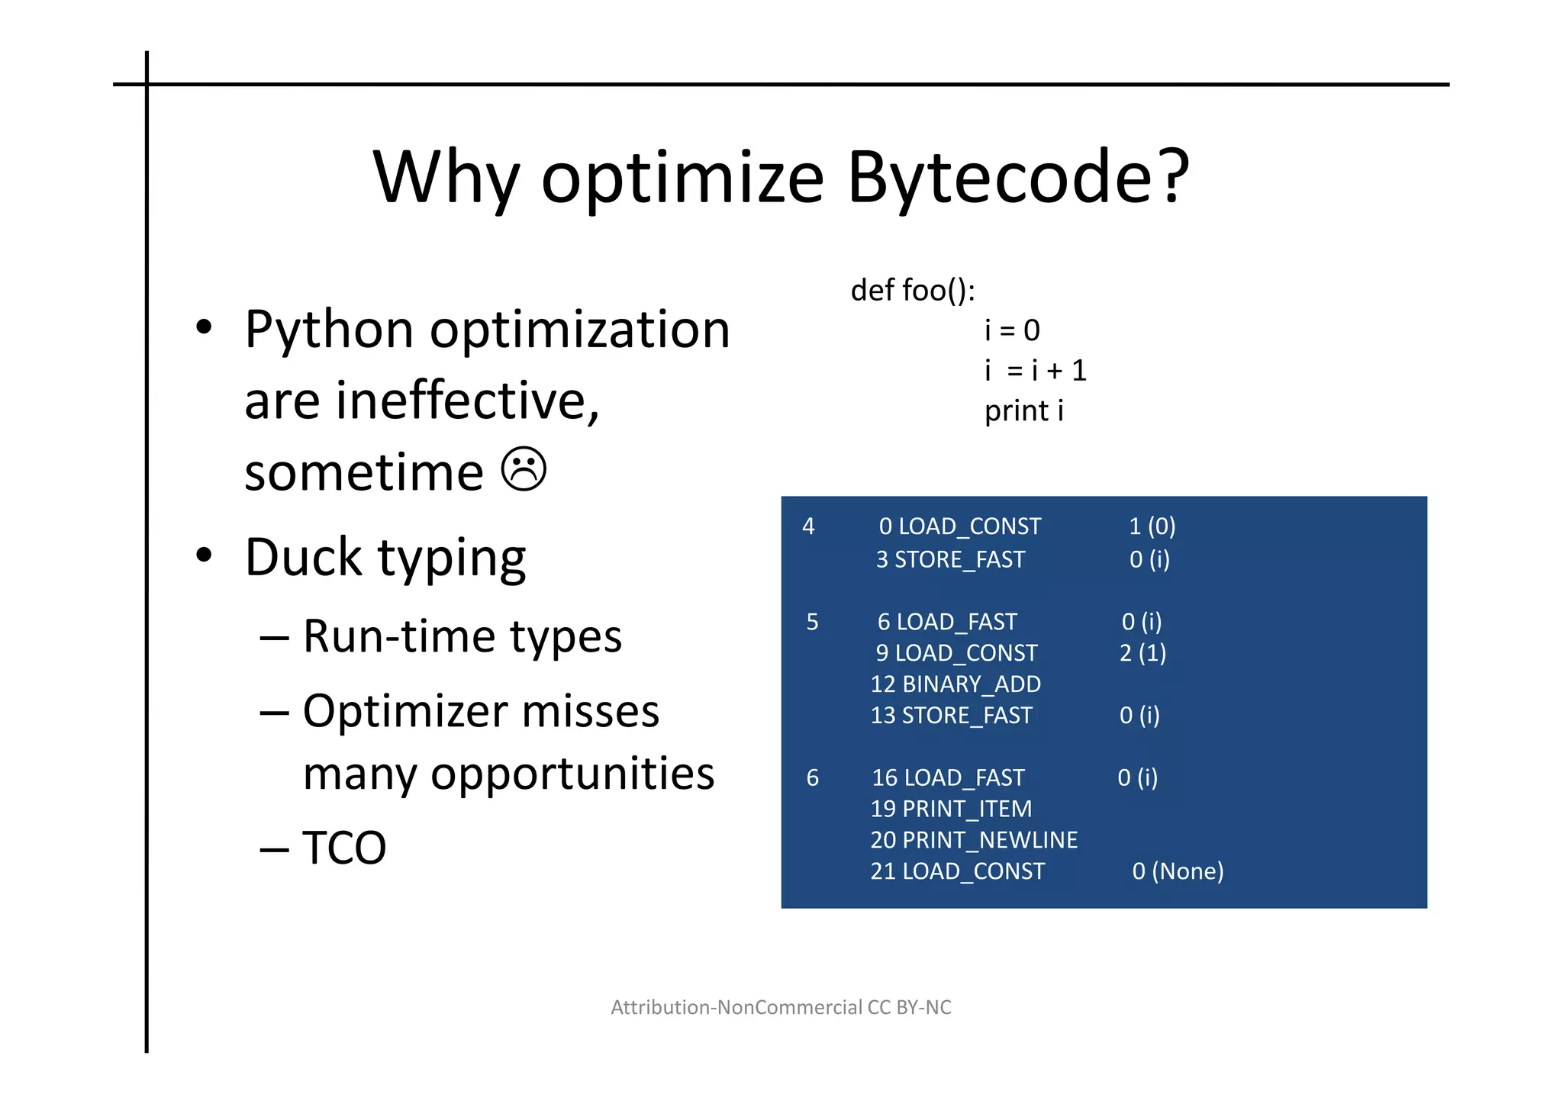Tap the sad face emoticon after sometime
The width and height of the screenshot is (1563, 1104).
pos(524,468)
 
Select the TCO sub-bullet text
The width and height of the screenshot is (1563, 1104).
pos(344,847)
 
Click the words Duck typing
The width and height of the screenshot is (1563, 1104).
pos(385,557)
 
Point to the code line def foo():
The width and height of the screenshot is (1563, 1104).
pos(913,290)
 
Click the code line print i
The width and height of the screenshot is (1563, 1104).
pos(1023,410)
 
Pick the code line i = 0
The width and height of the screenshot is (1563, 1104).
pos(1012,330)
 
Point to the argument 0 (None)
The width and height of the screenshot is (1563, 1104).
pos(1178,871)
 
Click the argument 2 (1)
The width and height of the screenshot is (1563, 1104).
pos(1142,653)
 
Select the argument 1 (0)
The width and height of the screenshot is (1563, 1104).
pos(1152,526)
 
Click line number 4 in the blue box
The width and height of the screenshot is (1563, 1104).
pos(808,526)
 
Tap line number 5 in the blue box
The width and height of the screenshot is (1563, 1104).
pos(812,622)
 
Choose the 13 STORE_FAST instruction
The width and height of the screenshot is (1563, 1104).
pos(951,715)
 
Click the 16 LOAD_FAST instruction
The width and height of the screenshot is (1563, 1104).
pos(948,777)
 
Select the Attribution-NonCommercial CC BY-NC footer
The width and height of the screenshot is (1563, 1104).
pos(781,1007)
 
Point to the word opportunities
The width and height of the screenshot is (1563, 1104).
pos(572,774)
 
